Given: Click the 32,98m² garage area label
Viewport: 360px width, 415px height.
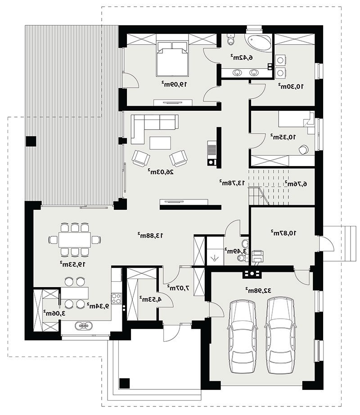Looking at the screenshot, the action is (258, 290).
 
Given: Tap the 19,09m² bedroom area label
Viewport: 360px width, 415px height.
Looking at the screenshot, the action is (174, 84).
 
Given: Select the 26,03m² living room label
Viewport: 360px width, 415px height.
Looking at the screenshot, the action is (161, 171).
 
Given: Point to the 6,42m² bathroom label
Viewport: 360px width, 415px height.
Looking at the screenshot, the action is (241, 57).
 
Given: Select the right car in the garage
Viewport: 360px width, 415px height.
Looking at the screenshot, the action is (280, 335).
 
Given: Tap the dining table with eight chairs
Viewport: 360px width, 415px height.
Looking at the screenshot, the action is (75, 240).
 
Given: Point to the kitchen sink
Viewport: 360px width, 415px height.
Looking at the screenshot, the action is (84, 325).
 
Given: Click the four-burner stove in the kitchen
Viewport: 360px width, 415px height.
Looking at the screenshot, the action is (116, 298).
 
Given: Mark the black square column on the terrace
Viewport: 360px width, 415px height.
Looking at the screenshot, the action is (31, 141).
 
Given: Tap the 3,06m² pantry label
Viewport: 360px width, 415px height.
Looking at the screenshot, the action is (54, 313).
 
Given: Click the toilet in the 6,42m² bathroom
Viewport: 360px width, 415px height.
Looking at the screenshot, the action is (231, 39).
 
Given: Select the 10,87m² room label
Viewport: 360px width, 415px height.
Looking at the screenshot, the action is (283, 233).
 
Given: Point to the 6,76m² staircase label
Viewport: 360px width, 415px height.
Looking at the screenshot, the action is (296, 183).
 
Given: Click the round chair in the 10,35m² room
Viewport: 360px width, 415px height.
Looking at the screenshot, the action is (303, 149).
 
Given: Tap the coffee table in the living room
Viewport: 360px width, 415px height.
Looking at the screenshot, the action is (160, 143).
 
